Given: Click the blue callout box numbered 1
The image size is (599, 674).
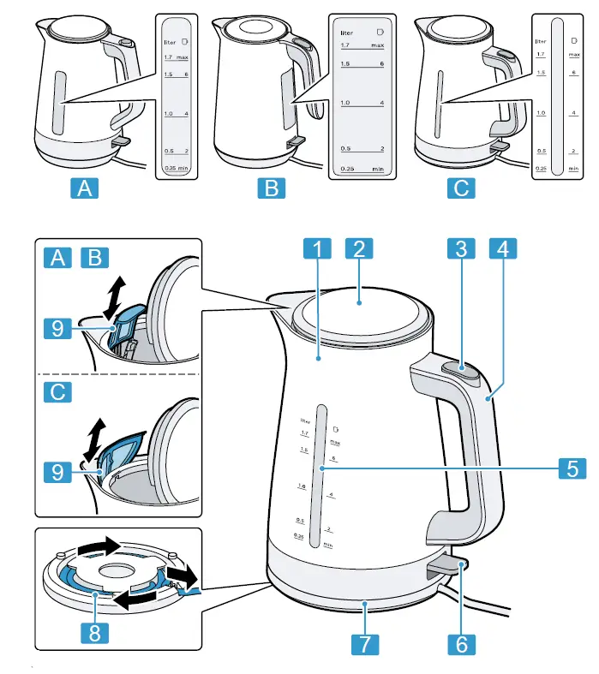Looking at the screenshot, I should click(x=317, y=251).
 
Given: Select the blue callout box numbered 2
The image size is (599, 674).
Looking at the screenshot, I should click(x=360, y=251).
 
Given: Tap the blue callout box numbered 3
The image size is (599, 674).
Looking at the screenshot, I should click(x=461, y=251).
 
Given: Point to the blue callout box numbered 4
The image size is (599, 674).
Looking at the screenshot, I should click(x=504, y=251).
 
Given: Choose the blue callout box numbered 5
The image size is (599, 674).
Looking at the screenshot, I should click(x=572, y=468).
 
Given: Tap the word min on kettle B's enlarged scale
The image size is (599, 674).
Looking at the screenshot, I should click(x=377, y=170).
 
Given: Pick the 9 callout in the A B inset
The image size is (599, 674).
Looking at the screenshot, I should click(x=57, y=327).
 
